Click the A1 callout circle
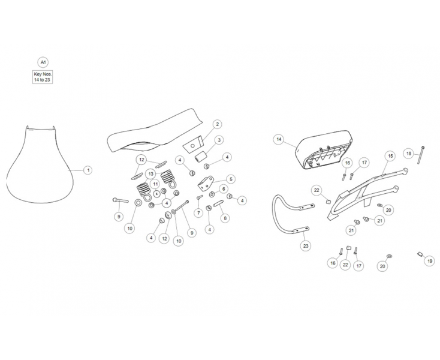43,62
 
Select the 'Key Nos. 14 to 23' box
43,77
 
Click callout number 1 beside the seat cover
88,170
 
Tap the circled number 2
217,124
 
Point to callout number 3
219,140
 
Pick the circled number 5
231,179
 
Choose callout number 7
198,213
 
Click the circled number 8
225,218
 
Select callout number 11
155,184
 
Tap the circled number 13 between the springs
150,174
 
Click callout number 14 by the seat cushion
279,140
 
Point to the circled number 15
390,156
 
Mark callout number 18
409,154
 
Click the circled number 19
430,261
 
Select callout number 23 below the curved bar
306,246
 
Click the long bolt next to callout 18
421,155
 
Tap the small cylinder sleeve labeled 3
200,157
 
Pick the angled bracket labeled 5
206,183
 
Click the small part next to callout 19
420,254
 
